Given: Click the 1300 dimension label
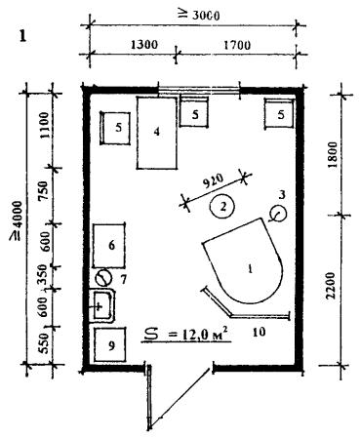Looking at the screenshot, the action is point(143,45).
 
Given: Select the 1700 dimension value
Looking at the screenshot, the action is point(237,45).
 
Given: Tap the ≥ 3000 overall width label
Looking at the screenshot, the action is point(199,15).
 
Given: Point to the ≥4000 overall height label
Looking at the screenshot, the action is point(16,220).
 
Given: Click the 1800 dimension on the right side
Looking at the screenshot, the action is point(333,155).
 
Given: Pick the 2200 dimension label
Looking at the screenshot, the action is point(330,286).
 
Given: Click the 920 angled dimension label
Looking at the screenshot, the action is point(214,181).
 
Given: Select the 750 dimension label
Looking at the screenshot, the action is point(43,191).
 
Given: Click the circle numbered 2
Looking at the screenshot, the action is point(222,206).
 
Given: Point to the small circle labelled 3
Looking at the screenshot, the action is point(278,214).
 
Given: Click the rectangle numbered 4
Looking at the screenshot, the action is point(157,133).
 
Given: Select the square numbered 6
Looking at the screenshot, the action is point(109,246).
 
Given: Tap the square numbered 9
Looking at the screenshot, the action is point(110,344).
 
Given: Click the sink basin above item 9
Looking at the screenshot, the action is point(103,306).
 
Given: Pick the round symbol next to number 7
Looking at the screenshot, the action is point(103,278).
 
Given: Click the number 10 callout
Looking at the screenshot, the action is point(259,332).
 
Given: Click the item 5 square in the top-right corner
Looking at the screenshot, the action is point(280,113).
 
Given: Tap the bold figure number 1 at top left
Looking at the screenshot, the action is point(22,36).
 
